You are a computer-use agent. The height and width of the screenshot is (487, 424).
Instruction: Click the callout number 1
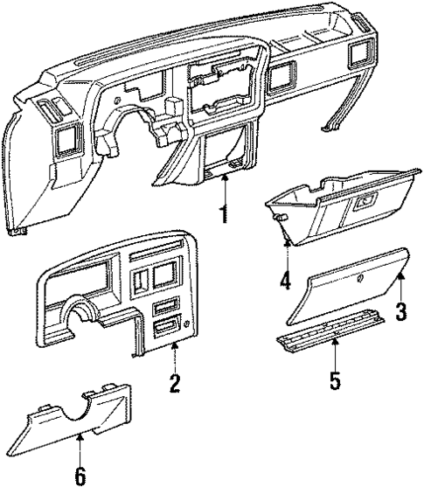[225, 212]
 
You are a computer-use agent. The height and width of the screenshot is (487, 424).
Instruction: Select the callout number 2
[175, 381]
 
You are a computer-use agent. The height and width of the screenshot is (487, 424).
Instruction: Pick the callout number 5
[336, 382]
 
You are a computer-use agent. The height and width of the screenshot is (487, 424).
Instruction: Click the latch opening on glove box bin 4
[362, 201]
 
